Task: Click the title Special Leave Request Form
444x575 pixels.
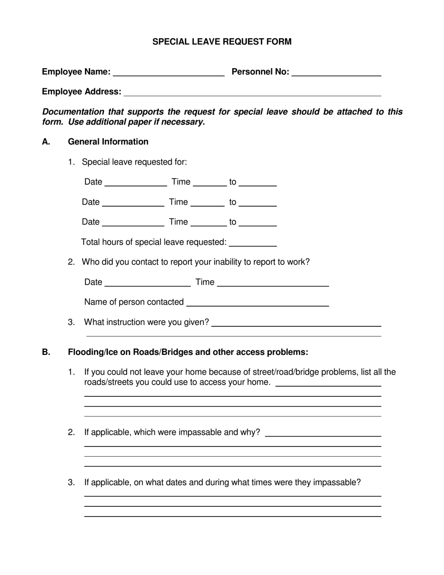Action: pos(222,42)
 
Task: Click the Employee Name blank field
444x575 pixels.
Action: pos(169,72)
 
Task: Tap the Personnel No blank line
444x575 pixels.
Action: pos(336,72)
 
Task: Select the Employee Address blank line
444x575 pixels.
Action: pos(252,92)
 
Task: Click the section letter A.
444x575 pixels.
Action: pos(46,142)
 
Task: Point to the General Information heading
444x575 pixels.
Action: pos(108,142)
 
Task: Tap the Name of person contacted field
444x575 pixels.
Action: pos(258,302)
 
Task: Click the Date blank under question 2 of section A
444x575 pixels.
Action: pos(148,282)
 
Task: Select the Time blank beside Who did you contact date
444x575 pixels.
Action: pos(273,282)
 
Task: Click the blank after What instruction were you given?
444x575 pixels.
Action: pos(296,323)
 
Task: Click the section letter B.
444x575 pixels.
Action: pos(46,352)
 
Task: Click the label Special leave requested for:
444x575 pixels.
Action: pos(134,162)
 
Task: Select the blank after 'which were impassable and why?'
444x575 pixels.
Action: pos(322,433)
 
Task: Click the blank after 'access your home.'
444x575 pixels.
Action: pos(329,383)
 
